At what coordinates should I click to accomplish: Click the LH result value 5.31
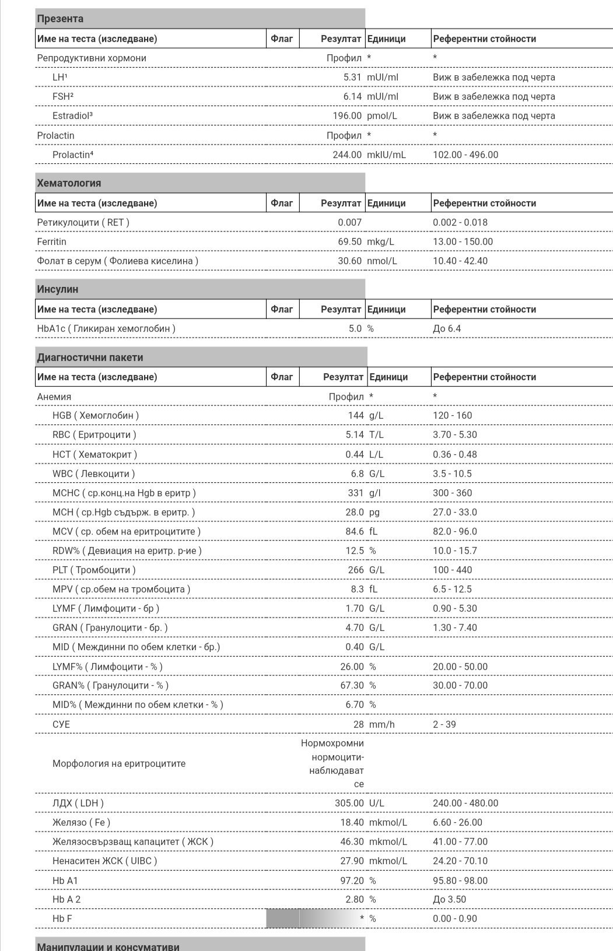point(352,77)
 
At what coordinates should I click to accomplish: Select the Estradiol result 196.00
point(347,115)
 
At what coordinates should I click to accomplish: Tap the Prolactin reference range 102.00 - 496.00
point(465,155)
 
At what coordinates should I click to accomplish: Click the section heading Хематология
point(69,183)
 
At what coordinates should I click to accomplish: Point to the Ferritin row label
point(51,241)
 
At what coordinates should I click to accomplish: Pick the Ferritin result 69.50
point(349,241)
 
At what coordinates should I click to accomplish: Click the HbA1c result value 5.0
point(355,328)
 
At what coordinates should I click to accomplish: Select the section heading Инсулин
point(57,289)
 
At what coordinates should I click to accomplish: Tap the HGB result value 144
point(356,416)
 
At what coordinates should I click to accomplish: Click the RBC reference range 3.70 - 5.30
point(454,435)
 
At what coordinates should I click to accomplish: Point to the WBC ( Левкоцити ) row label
point(93,473)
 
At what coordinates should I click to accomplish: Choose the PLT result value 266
point(355,570)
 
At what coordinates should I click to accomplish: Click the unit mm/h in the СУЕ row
point(381,724)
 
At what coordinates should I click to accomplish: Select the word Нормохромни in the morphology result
point(332,743)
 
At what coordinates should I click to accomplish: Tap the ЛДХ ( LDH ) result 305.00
point(349,803)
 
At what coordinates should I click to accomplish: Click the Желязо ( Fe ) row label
point(81,822)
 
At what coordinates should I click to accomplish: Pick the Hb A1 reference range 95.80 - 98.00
point(460,880)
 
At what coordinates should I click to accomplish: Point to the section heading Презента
point(60,19)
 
